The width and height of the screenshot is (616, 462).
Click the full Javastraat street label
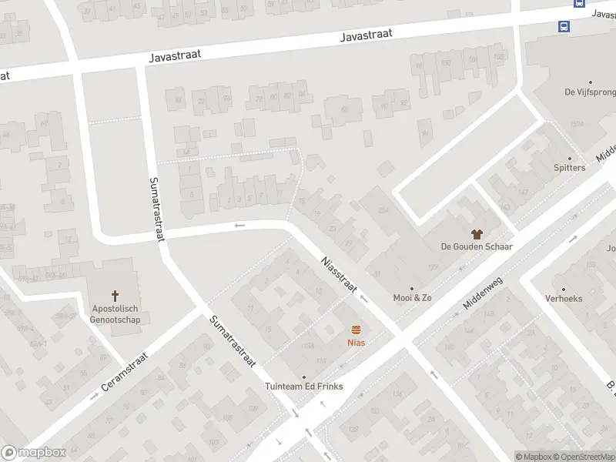tap(367, 34)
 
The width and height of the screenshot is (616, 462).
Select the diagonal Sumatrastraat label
tap(232, 342)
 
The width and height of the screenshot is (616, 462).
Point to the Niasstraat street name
tap(338, 273)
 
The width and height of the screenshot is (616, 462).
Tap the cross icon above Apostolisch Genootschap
tap(115, 295)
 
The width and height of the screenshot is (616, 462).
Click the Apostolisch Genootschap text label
tap(115, 314)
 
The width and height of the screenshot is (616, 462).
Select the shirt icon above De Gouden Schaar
tap(477, 233)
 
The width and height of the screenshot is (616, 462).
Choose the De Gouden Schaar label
tap(477, 246)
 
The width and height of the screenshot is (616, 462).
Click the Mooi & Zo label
tap(412, 298)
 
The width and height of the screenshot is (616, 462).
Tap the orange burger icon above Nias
tap(355, 329)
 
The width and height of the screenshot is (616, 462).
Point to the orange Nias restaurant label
tap(356, 343)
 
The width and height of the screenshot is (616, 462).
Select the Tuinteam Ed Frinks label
tap(304, 387)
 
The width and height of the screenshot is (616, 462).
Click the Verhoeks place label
tap(564, 298)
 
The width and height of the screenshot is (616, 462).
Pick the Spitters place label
tap(569, 168)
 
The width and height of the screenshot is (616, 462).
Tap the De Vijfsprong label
tap(590, 92)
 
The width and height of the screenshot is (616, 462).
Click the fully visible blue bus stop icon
tap(564, 27)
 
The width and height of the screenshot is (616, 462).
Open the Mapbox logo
tap(33, 453)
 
